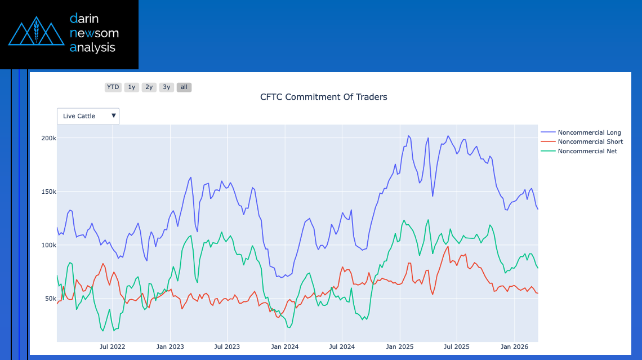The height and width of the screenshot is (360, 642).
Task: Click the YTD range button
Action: [x=113, y=87]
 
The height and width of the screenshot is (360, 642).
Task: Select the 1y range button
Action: [x=131, y=87]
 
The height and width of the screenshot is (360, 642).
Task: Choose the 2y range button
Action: [x=149, y=87]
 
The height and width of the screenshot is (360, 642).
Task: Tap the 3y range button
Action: [x=166, y=87]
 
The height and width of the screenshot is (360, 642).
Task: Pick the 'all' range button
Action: [x=184, y=87]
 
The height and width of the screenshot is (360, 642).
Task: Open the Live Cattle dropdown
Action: [x=88, y=116]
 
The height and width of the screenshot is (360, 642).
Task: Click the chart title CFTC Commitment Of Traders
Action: [x=323, y=97]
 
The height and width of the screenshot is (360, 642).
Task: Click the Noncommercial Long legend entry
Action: [x=589, y=132]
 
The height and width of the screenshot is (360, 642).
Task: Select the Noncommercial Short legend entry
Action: [x=590, y=142]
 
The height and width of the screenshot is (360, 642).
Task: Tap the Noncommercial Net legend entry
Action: [x=587, y=151]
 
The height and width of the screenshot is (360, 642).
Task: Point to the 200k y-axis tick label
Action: [x=49, y=139]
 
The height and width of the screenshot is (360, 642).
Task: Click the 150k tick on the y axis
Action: [x=49, y=192]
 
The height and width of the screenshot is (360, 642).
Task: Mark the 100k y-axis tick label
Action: [x=49, y=246]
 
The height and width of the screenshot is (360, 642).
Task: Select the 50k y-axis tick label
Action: [x=51, y=299]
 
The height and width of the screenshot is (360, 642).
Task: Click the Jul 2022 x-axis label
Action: [x=112, y=347]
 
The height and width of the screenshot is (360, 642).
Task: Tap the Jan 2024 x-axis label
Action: [x=284, y=347]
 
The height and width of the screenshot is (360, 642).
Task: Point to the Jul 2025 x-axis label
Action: [x=457, y=347]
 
